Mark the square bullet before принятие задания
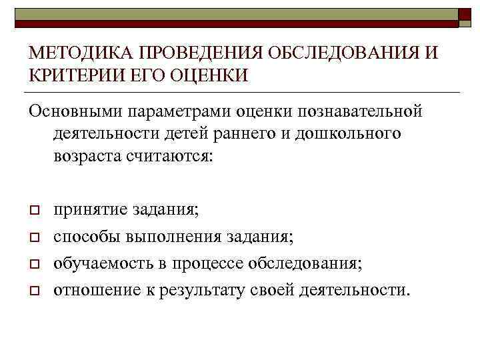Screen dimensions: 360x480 click(34, 211)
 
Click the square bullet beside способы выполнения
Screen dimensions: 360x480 click(34, 237)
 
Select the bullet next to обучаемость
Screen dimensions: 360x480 click(34, 264)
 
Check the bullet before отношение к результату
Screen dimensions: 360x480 click(34, 291)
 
